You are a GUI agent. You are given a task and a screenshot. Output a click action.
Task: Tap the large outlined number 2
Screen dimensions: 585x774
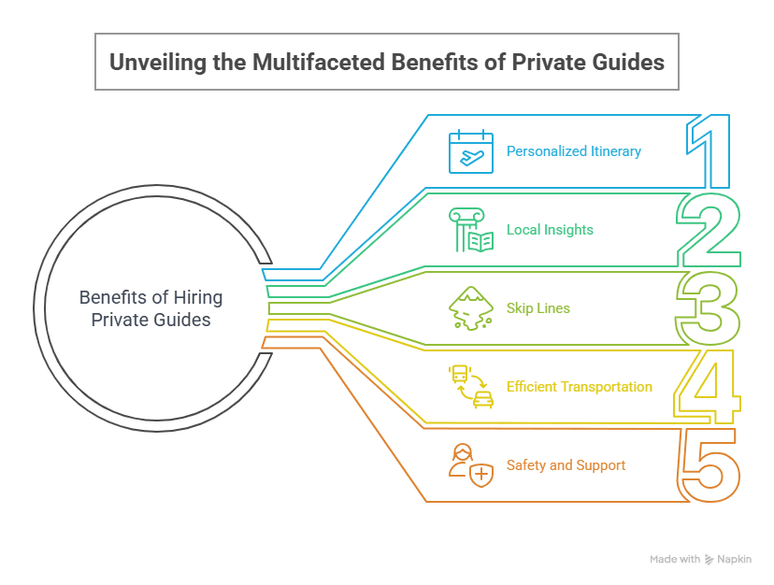(x=709, y=229)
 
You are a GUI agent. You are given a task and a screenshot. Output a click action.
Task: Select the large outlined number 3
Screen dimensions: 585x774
(x=708, y=307)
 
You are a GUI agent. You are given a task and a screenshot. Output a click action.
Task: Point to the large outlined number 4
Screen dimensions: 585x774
(x=706, y=386)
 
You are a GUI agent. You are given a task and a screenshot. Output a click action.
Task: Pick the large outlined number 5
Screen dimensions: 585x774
(x=709, y=464)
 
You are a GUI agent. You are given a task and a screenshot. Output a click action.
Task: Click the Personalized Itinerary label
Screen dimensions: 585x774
(x=573, y=151)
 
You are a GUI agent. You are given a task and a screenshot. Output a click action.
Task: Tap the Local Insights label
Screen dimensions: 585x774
(x=550, y=230)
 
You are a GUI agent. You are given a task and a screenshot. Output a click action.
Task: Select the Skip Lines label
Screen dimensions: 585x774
(x=537, y=308)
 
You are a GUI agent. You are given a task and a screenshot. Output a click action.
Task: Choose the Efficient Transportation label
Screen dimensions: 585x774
(x=579, y=387)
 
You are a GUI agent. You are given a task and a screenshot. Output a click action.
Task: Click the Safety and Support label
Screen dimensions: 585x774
(x=566, y=465)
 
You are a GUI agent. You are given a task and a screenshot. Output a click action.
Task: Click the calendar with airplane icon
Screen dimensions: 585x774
(x=470, y=151)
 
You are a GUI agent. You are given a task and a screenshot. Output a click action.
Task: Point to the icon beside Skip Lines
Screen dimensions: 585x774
(x=470, y=308)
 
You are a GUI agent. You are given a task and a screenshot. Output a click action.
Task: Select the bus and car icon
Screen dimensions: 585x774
(x=471, y=387)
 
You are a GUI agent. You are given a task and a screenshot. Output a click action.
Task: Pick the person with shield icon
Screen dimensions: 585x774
(x=471, y=465)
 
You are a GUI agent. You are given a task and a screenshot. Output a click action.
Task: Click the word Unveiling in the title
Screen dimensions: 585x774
(x=152, y=63)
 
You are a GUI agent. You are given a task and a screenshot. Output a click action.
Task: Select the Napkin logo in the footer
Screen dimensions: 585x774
(x=734, y=560)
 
